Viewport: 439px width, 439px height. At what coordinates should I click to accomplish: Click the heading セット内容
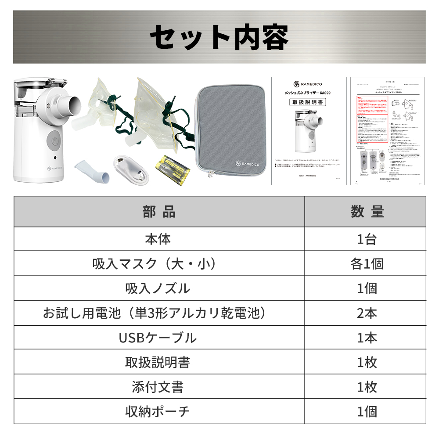pyautogui.click(x=219, y=37)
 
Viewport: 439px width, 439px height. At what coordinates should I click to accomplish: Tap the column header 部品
pyautogui.click(x=159, y=212)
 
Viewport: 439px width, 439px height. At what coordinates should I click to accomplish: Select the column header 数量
pyautogui.click(x=367, y=212)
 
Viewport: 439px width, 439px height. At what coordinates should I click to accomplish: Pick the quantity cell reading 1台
pyautogui.click(x=367, y=239)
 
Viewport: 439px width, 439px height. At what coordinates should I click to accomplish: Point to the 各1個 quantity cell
pyautogui.click(x=367, y=263)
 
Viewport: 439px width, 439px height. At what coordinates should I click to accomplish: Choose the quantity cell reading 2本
pyautogui.click(x=367, y=313)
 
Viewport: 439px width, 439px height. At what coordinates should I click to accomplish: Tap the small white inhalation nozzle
pyautogui.click(x=95, y=171)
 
